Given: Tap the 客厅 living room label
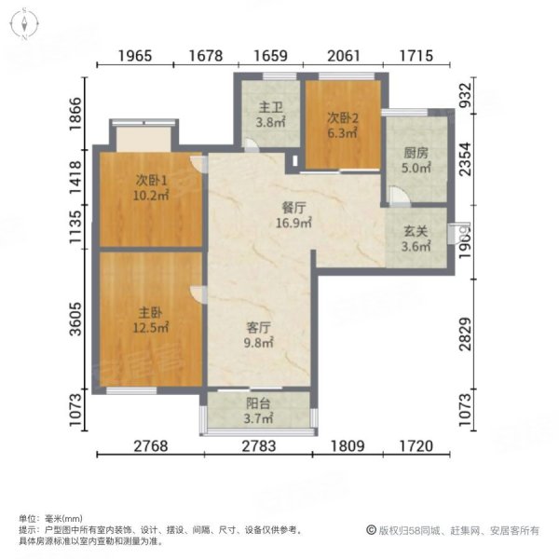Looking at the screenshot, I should (x=258, y=328).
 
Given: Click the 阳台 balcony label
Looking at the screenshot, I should (x=258, y=404).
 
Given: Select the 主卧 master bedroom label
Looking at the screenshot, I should (x=149, y=312).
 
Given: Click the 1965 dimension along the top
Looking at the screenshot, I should (x=135, y=56).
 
